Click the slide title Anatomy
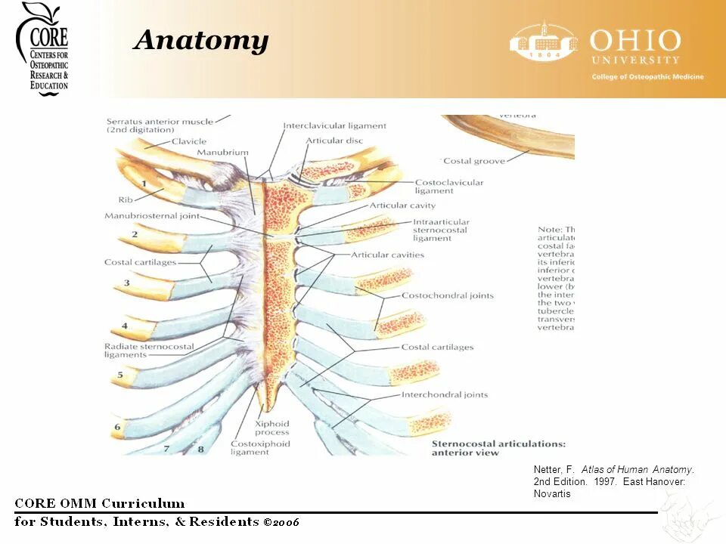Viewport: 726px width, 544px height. pyautogui.click(x=201, y=40)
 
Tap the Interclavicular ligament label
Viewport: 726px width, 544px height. pyautogui.click(x=334, y=125)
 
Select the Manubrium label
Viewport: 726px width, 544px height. pyautogui.click(x=222, y=153)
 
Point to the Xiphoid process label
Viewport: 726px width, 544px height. pyautogui.click(x=271, y=428)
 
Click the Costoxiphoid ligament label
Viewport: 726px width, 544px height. pyautogui.click(x=260, y=448)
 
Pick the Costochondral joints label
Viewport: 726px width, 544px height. pyautogui.click(x=447, y=295)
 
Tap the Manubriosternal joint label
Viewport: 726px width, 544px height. pyautogui.click(x=152, y=216)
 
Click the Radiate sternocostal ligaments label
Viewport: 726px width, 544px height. pyautogui.click(x=148, y=351)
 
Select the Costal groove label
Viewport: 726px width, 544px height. pyautogui.click(x=474, y=161)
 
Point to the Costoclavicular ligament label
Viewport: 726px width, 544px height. pyautogui.click(x=449, y=187)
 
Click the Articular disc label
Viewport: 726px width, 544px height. pyautogui.click(x=335, y=141)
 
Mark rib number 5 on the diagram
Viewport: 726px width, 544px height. pyautogui.click(x=119, y=374)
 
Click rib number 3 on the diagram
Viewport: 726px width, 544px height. pyautogui.click(x=126, y=283)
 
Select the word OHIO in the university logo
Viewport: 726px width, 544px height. pyautogui.click(x=635, y=40)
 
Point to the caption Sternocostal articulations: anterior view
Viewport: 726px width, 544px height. pyautogui.click(x=498, y=448)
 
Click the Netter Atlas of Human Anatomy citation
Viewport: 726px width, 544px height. pyautogui.click(x=613, y=481)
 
